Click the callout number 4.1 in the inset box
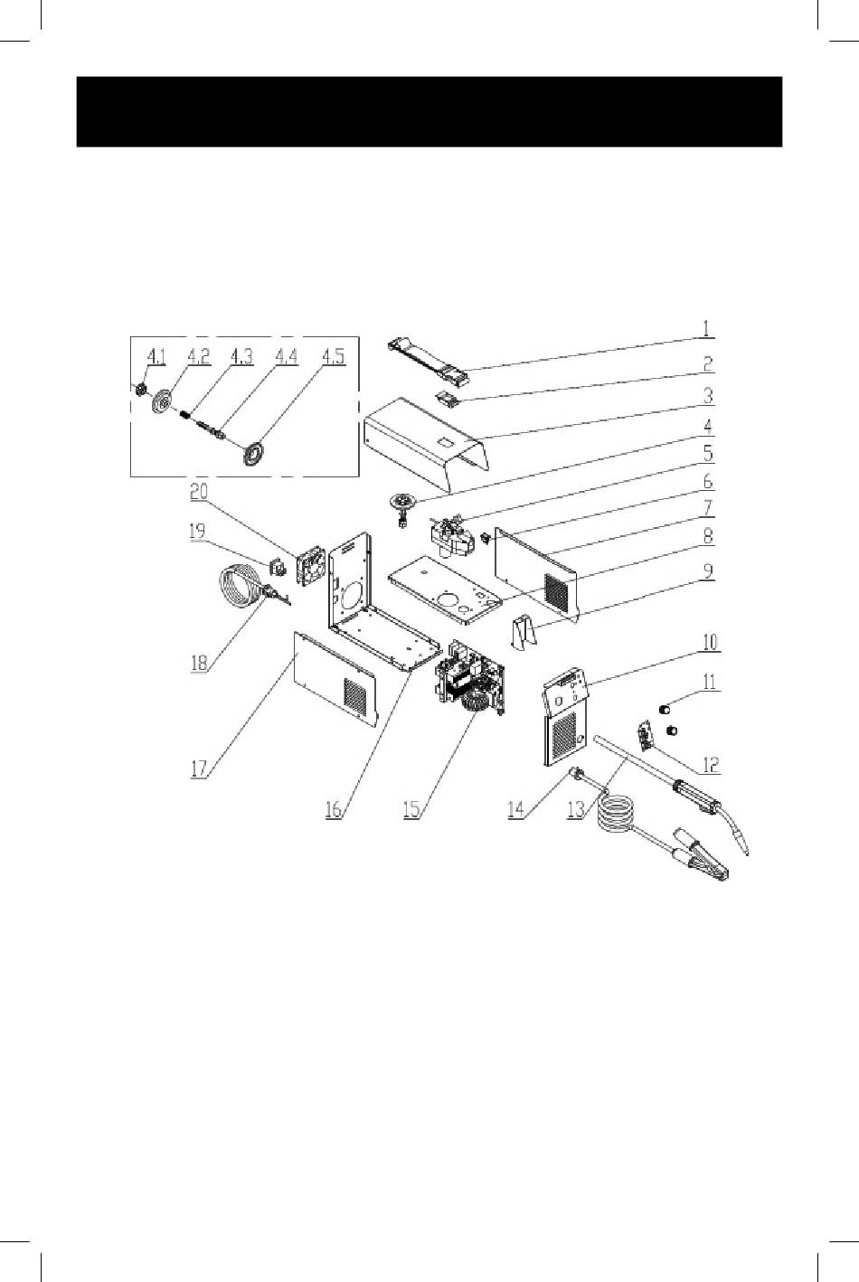click(x=156, y=356)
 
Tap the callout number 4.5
click(x=334, y=356)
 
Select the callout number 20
click(x=199, y=493)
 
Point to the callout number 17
click(x=198, y=768)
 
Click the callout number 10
click(x=710, y=642)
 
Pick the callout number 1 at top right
click(x=707, y=328)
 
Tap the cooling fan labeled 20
click(x=311, y=565)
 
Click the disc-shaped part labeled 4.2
click(x=160, y=400)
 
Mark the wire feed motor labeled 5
click(x=451, y=536)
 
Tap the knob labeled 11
click(x=665, y=709)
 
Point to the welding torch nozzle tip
click(x=745, y=849)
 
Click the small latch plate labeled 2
click(x=448, y=399)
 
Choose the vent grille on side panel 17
click(x=354, y=694)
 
